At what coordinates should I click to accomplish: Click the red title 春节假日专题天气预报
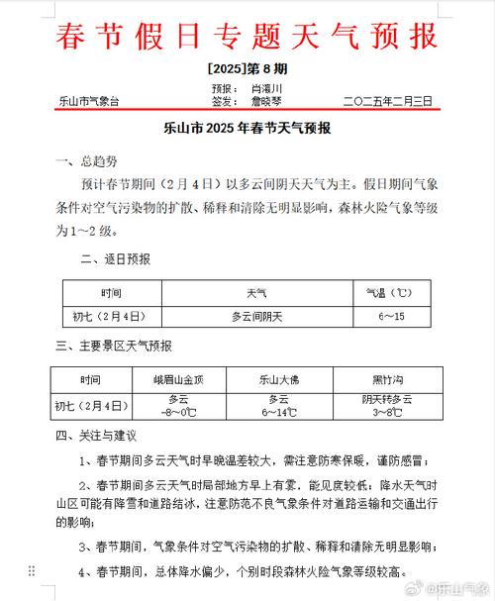click(x=247, y=38)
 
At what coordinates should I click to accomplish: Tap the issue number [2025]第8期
click(x=247, y=69)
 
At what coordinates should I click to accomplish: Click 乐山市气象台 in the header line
click(x=90, y=101)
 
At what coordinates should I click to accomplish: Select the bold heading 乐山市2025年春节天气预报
click(x=247, y=130)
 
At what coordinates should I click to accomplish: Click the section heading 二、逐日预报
click(x=116, y=259)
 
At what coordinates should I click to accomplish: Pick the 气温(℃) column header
click(x=388, y=294)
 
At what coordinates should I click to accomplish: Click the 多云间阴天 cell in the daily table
click(x=257, y=316)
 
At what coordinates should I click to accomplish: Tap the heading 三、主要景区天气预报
click(x=114, y=346)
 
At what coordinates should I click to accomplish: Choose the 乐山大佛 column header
click(x=279, y=379)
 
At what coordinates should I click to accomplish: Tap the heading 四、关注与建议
click(x=94, y=435)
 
